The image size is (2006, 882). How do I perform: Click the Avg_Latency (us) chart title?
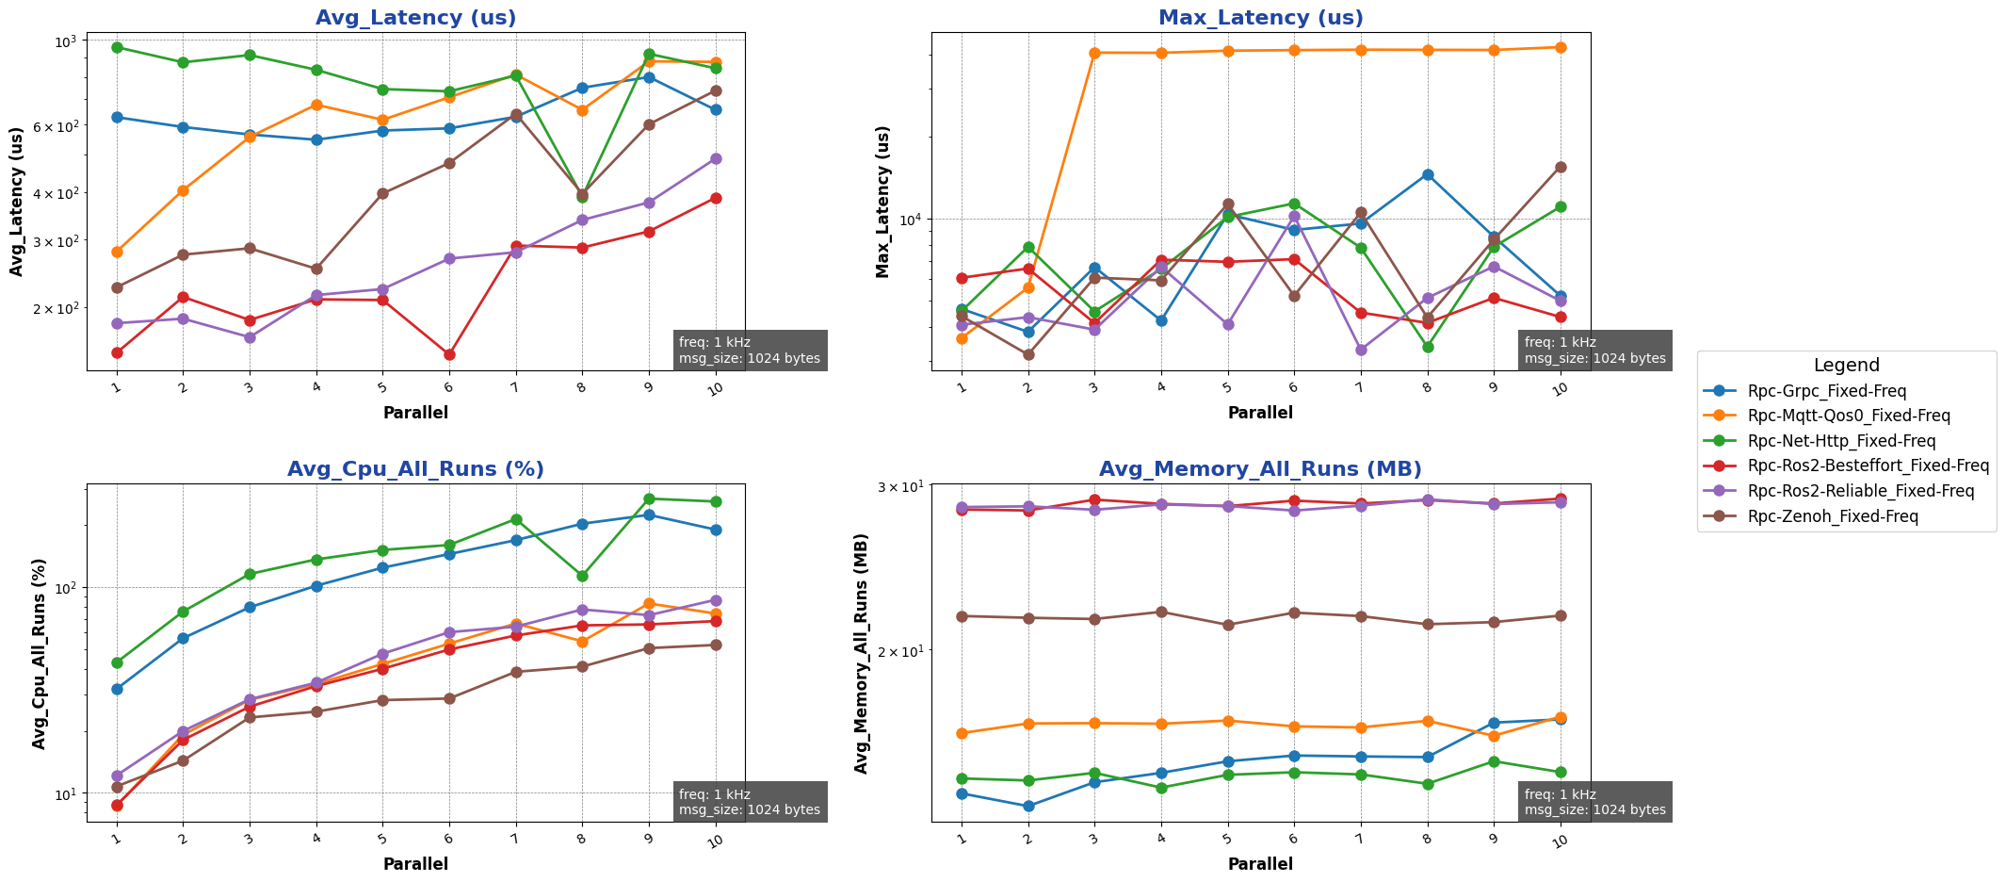pyautogui.click(x=415, y=18)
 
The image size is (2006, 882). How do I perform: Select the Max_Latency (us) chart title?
pyautogui.click(x=1260, y=18)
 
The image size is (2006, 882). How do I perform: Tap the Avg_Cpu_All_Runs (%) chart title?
pyautogui.click(x=415, y=469)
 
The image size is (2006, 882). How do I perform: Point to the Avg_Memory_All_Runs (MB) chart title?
pyautogui.click(x=1260, y=469)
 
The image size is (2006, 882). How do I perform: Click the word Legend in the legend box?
pyautogui.click(x=1846, y=366)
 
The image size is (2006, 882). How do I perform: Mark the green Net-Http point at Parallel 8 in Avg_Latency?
pyautogui.click(x=582, y=197)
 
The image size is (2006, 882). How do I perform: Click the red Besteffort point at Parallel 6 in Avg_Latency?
pyautogui.click(x=449, y=354)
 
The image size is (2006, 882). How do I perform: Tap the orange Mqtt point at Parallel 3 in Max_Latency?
pyautogui.click(x=1094, y=53)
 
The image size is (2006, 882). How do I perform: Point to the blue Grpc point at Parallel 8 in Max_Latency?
pyautogui.click(x=1428, y=174)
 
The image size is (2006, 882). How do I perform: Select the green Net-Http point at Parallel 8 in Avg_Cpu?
pyautogui.click(x=582, y=576)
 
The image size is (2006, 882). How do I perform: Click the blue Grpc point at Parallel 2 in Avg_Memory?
pyautogui.click(x=1028, y=806)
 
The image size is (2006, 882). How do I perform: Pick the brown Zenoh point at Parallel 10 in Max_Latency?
pyautogui.click(x=1561, y=167)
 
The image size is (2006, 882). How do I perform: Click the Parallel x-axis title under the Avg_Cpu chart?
pyautogui.click(x=415, y=864)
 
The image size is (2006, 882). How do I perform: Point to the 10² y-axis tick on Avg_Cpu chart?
pyautogui.click(x=68, y=588)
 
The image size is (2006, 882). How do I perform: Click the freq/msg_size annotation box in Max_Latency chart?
pyautogui.click(x=1594, y=351)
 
